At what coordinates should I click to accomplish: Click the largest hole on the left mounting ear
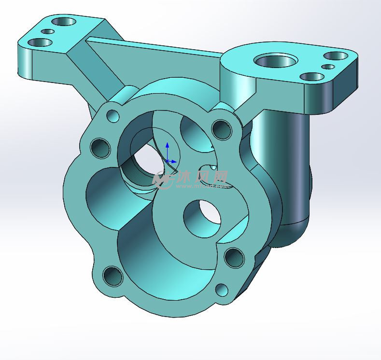(x=65, y=22)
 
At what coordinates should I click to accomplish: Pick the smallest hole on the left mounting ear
(x=48, y=31)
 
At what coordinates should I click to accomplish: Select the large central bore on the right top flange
(x=275, y=61)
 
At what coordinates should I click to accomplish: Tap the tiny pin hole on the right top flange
(x=330, y=67)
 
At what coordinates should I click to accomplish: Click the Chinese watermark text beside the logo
(x=203, y=178)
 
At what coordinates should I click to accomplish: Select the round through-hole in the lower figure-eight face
(x=202, y=219)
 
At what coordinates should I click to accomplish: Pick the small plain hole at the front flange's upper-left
(x=113, y=116)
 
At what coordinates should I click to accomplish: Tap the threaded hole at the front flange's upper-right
(x=222, y=129)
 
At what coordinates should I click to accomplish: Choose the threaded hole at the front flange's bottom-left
(x=113, y=277)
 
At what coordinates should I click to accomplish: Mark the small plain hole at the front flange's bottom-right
(x=222, y=290)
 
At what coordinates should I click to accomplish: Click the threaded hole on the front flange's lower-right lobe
(x=234, y=258)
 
